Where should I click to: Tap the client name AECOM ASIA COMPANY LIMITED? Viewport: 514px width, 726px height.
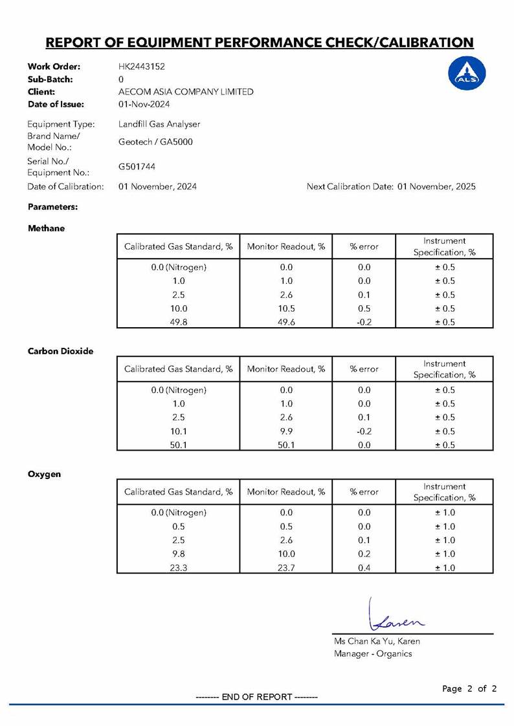pyautogui.click(x=186, y=92)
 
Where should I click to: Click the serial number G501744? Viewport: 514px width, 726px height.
pyautogui.click(x=137, y=167)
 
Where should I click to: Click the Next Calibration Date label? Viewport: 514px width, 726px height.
pyautogui.click(x=350, y=187)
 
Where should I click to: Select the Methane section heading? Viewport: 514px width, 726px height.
pyautogui.click(x=46, y=228)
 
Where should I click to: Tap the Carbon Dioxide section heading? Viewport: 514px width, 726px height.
pyautogui.click(x=60, y=351)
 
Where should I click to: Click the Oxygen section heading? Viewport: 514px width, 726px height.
pyautogui.click(x=44, y=474)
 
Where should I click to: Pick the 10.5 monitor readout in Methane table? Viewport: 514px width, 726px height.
pyautogui.click(x=286, y=308)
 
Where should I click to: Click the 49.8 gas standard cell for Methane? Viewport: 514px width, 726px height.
pyautogui.click(x=179, y=322)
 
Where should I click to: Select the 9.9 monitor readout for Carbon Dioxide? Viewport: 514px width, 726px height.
pyautogui.click(x=286, y=431)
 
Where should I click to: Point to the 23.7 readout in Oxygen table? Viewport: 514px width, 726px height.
pyautogui.click(x=286, y=568)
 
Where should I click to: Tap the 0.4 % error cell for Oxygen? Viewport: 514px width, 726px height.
pyautogui.click(x=364, y=568)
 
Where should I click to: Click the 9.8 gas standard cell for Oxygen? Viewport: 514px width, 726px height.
pyautogui.click(x=179, y=554)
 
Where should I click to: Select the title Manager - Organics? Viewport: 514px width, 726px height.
pyautogui.click(x=373, y=654)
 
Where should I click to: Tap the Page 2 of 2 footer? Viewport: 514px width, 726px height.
pyautogui.click(x=469, y=689)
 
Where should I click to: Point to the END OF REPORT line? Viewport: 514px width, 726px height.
pyautogui.click(x=257, y=697)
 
